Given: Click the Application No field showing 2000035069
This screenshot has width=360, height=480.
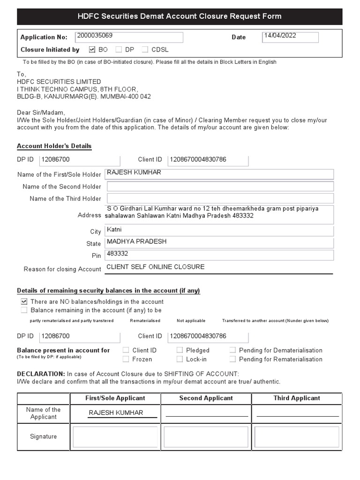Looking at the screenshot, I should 128,37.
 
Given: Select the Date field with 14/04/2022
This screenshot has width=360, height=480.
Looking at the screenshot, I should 290,37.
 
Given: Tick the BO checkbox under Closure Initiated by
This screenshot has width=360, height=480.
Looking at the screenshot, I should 92,49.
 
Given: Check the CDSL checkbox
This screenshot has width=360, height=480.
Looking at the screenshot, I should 145,49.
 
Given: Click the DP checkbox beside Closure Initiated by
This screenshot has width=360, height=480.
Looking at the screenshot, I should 119,49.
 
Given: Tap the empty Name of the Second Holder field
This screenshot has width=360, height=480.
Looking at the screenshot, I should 220,187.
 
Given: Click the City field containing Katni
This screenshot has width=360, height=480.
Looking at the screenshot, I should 220,230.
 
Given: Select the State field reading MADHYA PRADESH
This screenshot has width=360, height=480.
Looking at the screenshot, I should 220,242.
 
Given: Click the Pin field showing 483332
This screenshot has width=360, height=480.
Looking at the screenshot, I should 220,255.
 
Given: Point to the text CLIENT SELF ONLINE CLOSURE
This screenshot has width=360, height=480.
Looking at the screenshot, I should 156,267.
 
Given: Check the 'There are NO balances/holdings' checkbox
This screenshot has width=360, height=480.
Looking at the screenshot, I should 24,301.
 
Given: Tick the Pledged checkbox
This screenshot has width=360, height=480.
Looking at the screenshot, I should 180,350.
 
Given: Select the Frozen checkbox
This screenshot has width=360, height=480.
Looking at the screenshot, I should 126,359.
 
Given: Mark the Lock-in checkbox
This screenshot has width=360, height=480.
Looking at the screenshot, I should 180,359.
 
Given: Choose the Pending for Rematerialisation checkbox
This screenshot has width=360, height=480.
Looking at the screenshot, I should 232,359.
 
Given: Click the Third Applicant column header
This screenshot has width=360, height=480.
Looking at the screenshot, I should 297,398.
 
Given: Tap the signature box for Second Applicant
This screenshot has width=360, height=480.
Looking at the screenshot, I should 206,437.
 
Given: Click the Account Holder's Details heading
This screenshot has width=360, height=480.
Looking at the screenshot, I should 54,146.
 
